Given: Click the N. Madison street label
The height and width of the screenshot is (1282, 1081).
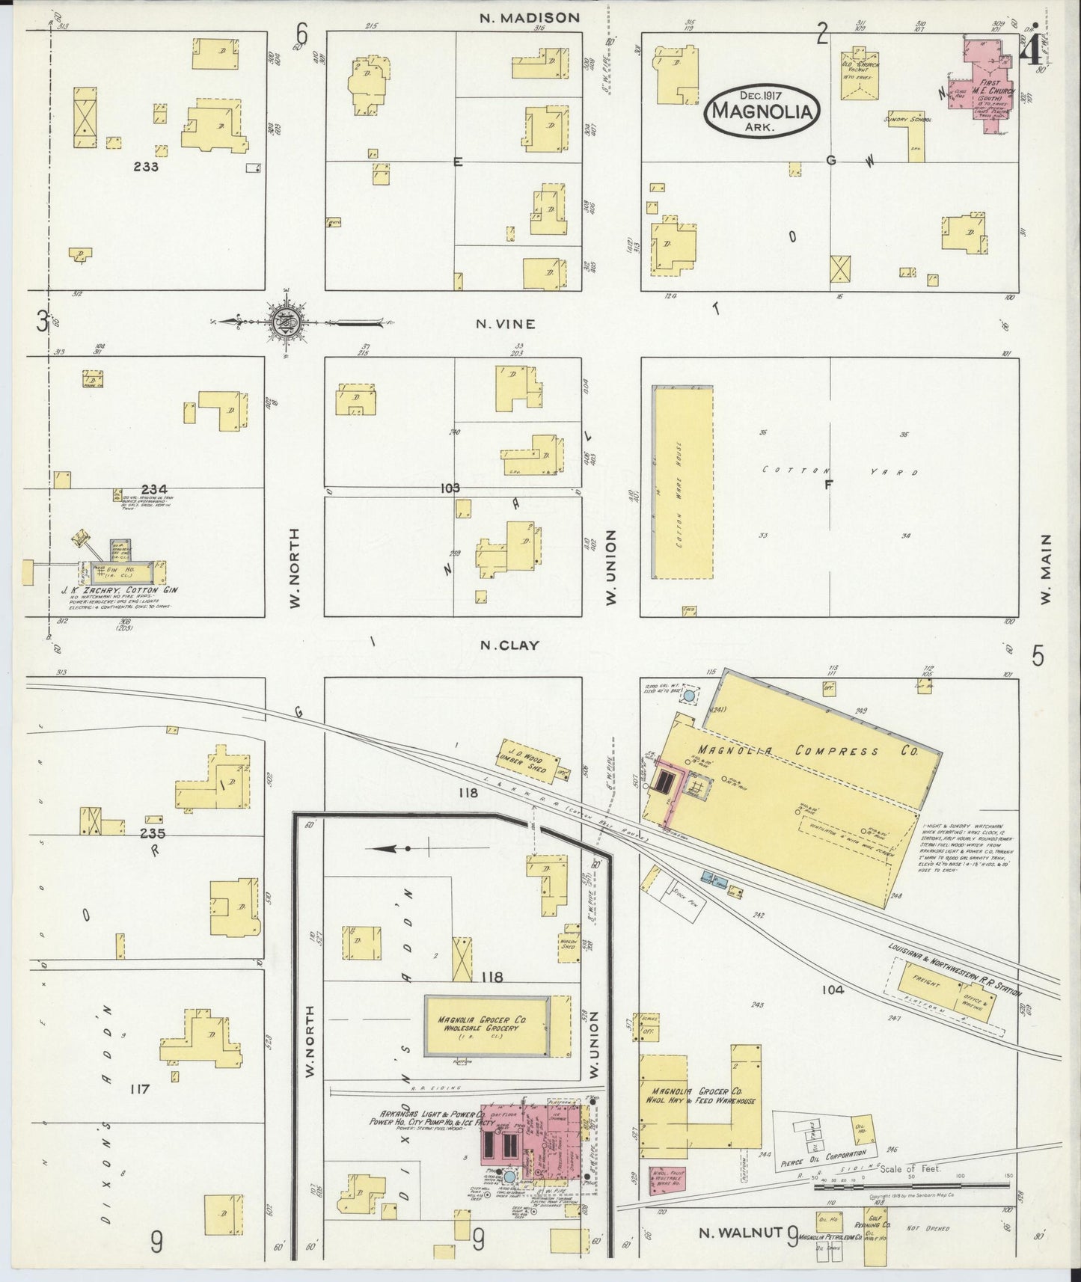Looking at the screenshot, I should coord(530,17).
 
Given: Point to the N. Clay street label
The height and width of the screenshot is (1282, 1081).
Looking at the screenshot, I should coord(509,645).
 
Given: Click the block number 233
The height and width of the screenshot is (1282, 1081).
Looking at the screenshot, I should coord(145,167).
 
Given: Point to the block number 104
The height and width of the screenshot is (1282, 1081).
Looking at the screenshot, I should coord(831,990).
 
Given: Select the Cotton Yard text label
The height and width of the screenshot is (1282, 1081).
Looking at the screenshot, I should coord(838,471).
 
